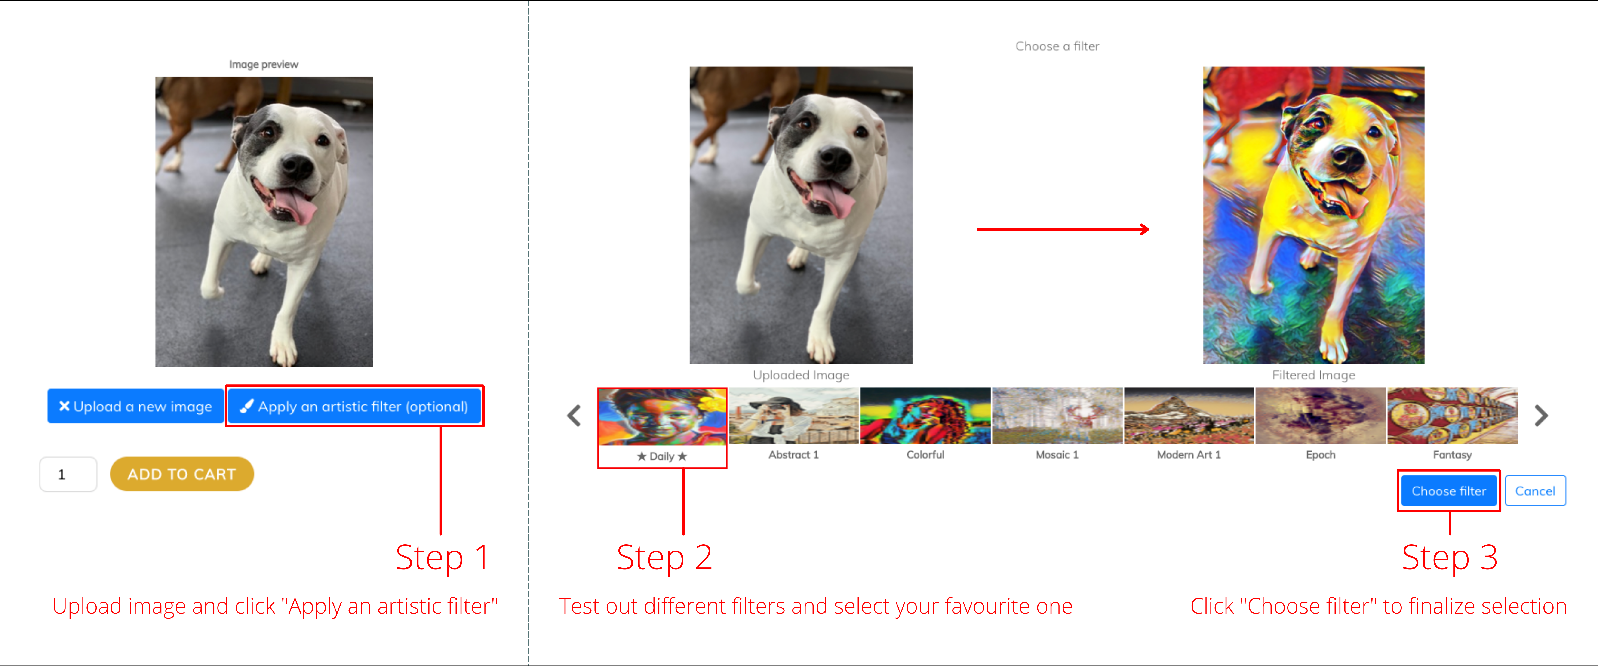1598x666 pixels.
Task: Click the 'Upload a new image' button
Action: tap(135, 407)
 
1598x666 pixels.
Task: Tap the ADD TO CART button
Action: tap(182, 474)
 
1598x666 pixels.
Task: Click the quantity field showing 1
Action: tap(68, 474)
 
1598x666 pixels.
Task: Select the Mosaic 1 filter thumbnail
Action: tap(1057, 416)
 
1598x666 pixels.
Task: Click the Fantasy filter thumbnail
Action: tap(1452, 416)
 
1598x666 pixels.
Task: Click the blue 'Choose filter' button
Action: tap(1448, 491)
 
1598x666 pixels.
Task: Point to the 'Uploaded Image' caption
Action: tap(801, 375)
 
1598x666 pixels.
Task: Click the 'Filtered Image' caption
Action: tap(1313, 375)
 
